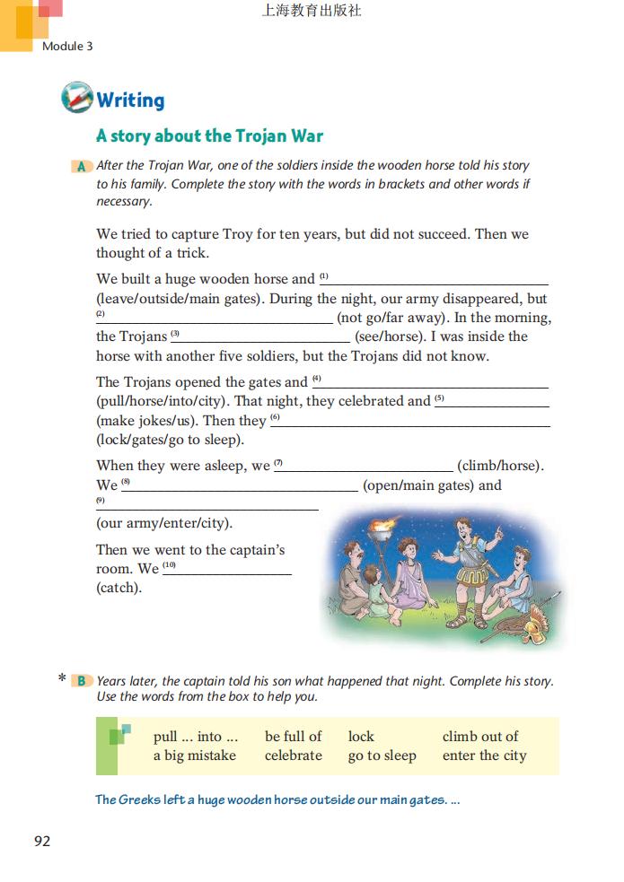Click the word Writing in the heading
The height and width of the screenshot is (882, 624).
click(130, 100)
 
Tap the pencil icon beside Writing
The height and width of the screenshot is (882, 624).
click(77, 98)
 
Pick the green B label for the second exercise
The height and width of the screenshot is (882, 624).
click(82, 681)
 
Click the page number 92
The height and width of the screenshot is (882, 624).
click(42, 841)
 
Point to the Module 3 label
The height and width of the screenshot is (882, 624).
click(67, 46)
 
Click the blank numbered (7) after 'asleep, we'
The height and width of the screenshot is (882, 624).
click(364, 466)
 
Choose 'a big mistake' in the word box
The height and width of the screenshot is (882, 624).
click(195, 755)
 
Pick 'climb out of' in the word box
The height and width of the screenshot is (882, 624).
click(480, 737)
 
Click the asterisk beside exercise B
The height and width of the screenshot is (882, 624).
click(62, 679)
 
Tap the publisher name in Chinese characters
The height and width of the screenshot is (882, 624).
click(312, 12)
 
